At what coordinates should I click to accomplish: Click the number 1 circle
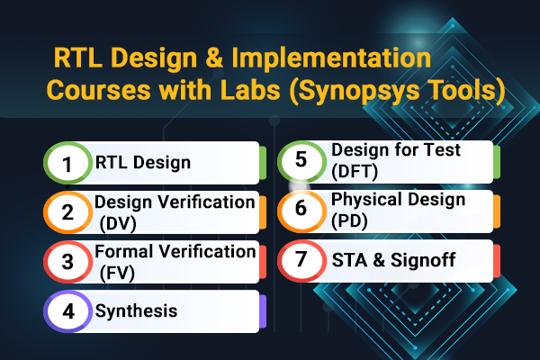coord(67,164)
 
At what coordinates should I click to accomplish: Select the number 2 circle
coord(67,213)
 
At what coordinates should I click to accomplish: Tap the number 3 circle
coord(67,262)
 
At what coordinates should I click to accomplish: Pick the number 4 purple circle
coord(67,311)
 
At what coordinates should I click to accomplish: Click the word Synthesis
coord(136,311)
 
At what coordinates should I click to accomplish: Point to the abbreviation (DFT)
coord(355,171)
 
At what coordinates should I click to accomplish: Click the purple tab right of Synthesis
coord(262,310)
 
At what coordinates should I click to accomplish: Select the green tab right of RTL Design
coord(262,163)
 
